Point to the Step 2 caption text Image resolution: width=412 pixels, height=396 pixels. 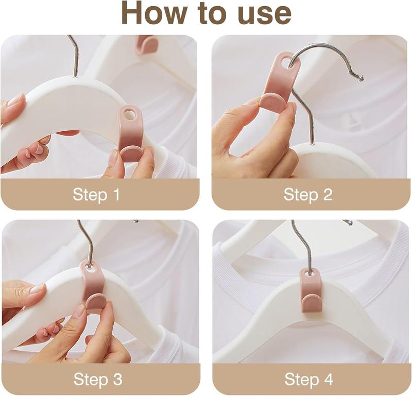click(x=308, y=195)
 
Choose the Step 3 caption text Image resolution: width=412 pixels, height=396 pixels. click(x=97, y=380)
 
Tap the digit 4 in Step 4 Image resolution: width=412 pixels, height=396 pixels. click(x=328, y=380)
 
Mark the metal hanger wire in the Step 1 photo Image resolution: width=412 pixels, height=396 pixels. click(x=73, y=57)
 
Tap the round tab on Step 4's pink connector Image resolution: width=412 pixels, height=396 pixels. click(x=312, y=302)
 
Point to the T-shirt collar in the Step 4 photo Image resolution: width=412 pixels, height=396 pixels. click(x=247, y=257)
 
